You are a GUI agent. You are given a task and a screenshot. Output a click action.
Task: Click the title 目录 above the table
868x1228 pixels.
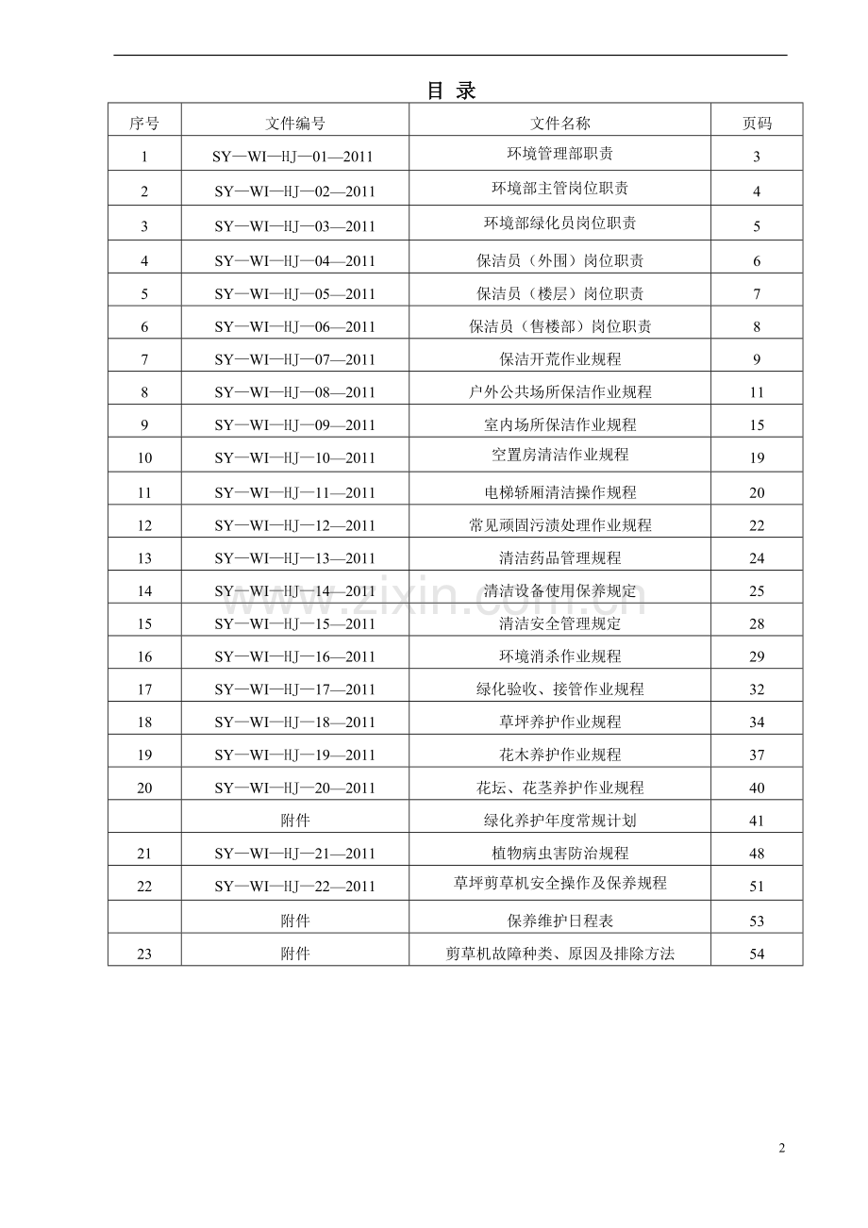point(451,91)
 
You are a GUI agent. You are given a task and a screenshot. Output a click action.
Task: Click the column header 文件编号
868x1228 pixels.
point(295,124)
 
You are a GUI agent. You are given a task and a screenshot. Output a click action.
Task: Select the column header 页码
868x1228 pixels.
point(757,124)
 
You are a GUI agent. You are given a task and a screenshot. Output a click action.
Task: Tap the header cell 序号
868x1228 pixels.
point(144,124)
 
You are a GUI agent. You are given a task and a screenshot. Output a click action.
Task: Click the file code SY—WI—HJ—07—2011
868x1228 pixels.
point(295,359)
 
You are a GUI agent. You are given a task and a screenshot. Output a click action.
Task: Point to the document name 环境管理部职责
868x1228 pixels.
point(559,153)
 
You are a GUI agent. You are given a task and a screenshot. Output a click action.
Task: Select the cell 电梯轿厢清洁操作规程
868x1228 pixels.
point(559,492)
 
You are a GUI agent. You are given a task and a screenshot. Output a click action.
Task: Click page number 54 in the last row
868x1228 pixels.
point(757,954)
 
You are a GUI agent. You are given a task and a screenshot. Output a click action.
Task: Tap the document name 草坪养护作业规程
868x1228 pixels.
point(559,722)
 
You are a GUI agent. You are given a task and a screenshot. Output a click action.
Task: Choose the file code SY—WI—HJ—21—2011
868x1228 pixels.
point(295,854)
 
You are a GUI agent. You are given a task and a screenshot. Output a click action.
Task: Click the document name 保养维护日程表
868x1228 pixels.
point(559,921)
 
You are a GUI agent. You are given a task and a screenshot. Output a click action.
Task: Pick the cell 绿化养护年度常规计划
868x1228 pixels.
point(559,821)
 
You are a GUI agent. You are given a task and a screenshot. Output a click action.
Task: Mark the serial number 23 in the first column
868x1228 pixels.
point(144,954)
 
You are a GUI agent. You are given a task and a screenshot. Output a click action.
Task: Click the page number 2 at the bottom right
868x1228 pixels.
point(781,1148)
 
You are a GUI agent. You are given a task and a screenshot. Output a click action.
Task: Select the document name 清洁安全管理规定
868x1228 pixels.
point(559,623)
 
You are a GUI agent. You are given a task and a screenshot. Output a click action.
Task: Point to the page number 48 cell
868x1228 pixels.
point(757,854)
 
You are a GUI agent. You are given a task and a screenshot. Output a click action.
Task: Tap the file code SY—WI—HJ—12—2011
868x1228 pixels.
point(295,525)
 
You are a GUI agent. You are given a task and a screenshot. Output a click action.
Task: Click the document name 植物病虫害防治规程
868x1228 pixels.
point(559,854)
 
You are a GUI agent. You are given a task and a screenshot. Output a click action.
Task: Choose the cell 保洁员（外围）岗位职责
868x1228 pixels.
point(559,260)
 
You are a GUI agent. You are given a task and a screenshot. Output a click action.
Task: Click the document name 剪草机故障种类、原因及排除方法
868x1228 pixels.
point(559,954)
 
